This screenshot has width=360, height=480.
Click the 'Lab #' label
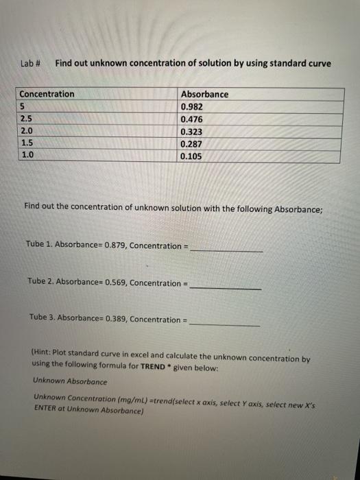coord(31,64)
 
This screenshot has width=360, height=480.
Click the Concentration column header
coord(47,94)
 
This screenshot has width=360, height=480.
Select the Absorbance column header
coord(204,94)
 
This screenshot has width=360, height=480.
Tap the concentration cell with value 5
coord(23,106)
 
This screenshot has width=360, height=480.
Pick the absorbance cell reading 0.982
coord(192,107)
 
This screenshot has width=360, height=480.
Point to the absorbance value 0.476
coord(192,119)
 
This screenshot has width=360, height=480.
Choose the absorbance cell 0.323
coord(192,132)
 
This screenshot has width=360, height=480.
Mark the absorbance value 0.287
coord(192,144)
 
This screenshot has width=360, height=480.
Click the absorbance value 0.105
coord(192,156)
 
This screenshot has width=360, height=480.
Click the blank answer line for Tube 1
coord(226,250)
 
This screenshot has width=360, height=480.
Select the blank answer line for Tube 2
coord(225,287)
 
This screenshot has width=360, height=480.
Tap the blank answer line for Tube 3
coord(224,324)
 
